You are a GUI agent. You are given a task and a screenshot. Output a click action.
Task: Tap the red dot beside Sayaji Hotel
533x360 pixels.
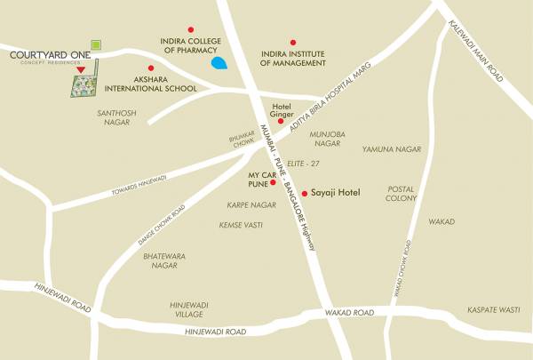click(x=305, y=193)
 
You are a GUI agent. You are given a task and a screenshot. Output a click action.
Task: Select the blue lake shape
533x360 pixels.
click(x=219, y=63)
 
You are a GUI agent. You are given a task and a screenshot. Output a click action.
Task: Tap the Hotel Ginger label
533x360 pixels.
click(x=281, y=109)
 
